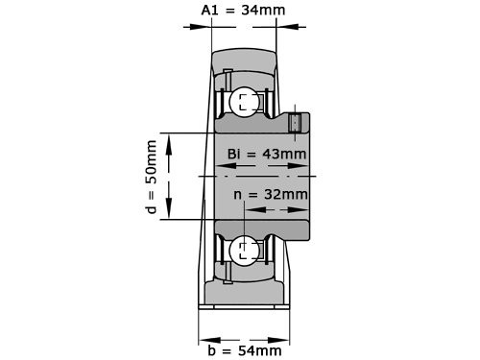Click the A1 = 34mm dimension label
click(x=244, y=11)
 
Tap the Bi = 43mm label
click(x=267, y=155)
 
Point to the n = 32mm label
click(x=272, y=194)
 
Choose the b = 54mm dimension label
click(x=244, y=349)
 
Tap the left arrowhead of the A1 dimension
click(x=204, y=26)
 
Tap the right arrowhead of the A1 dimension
click(x=281, y=26)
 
